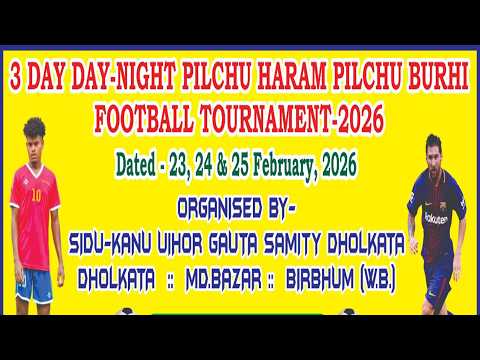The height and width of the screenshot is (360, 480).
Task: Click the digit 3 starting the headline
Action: [15, 75]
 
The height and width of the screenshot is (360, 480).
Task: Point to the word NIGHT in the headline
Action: [134, 75]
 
